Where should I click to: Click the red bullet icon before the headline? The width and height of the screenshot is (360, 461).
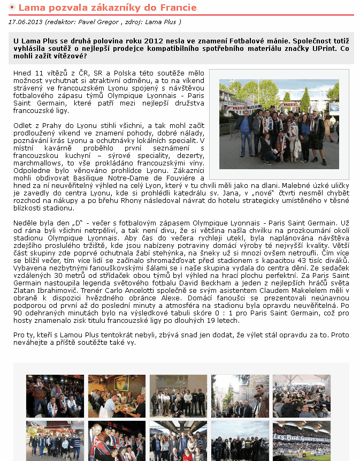pos(12,8)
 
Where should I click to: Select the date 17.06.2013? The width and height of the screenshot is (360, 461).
pos(26,22)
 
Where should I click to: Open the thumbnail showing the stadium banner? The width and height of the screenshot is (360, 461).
pos(301,440)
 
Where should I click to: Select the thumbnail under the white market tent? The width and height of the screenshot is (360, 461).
pos(301,396)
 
